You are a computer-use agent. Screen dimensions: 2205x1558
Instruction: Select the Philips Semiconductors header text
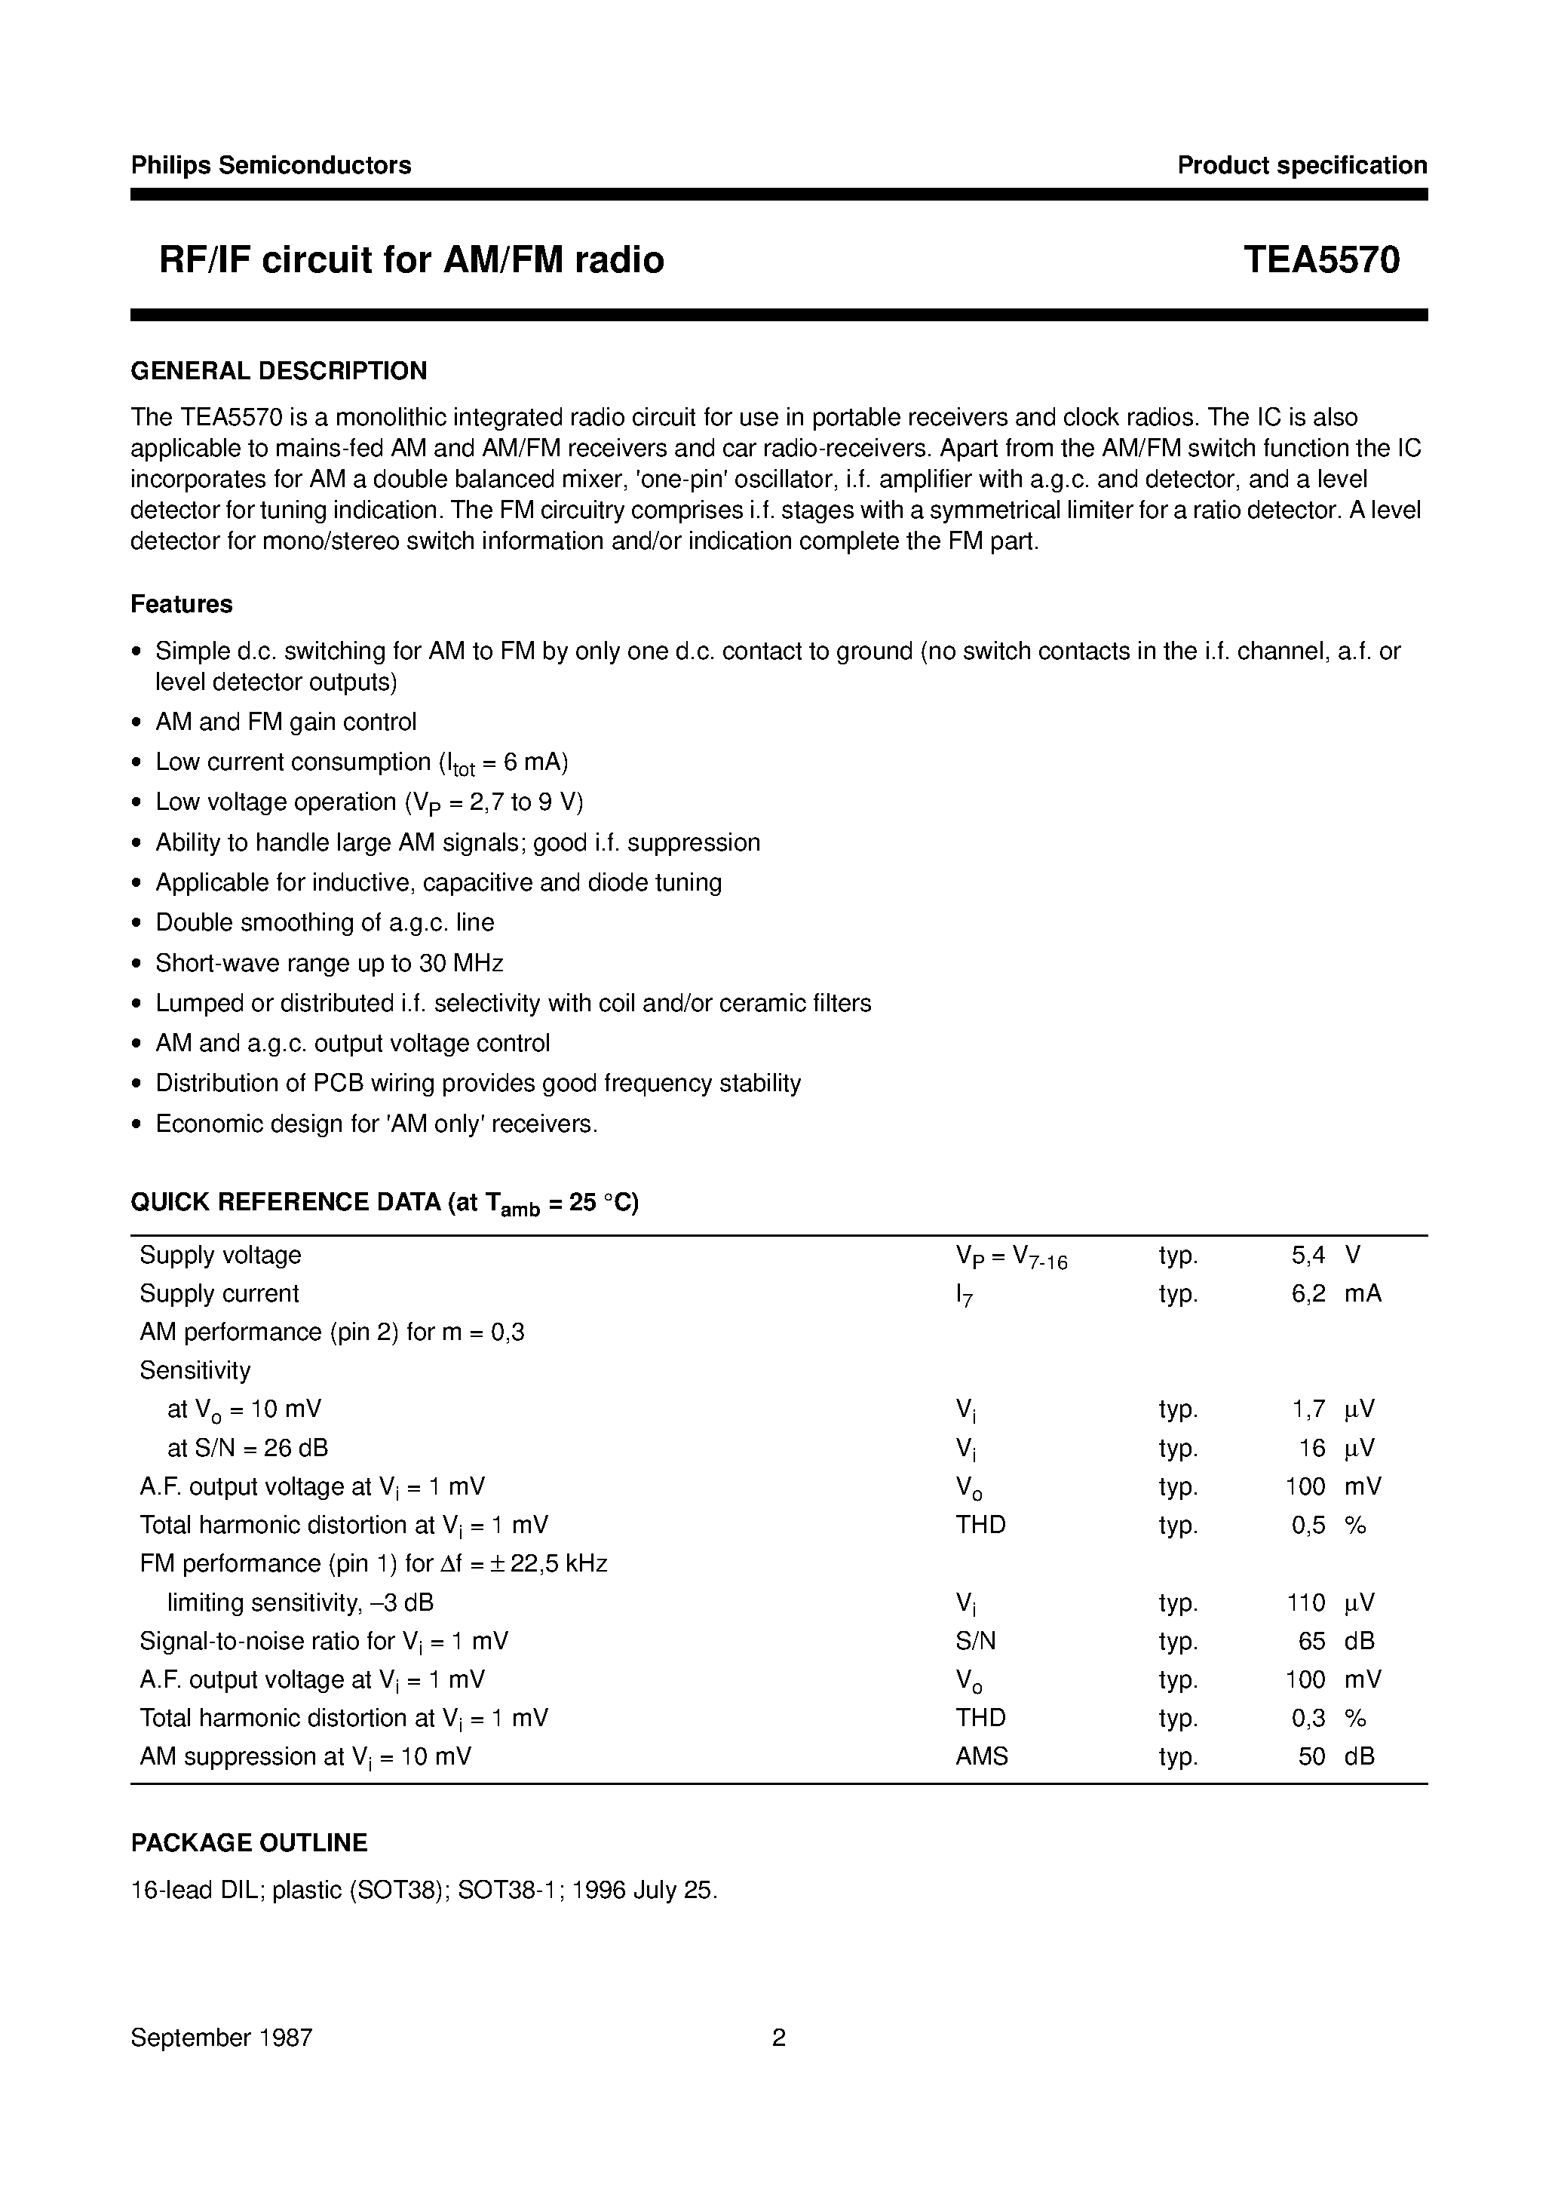pos(271,165)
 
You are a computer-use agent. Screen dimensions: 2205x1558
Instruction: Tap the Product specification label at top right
pos(1302,165)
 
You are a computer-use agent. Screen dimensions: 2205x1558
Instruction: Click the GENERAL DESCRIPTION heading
pos(278,371)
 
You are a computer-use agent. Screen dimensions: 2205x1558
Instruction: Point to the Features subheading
pos(182,604)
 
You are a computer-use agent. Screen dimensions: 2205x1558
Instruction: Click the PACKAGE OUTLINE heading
pos(249,1842)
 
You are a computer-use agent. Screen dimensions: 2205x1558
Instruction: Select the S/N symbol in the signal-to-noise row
pos(976,1640)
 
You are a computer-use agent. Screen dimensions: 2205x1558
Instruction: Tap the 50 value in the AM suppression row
pos(1311,1756)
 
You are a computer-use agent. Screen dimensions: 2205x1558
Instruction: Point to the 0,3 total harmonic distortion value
pos(1308,1717)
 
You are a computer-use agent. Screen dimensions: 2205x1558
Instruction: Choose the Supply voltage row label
pos(220,1255)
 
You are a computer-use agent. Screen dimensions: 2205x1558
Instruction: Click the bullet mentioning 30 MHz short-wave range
pos(329,962)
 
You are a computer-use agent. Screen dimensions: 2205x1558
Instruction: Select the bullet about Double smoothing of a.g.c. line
pos(325,922)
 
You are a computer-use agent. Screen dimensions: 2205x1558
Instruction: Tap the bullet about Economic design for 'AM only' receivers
pos(376,1124)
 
